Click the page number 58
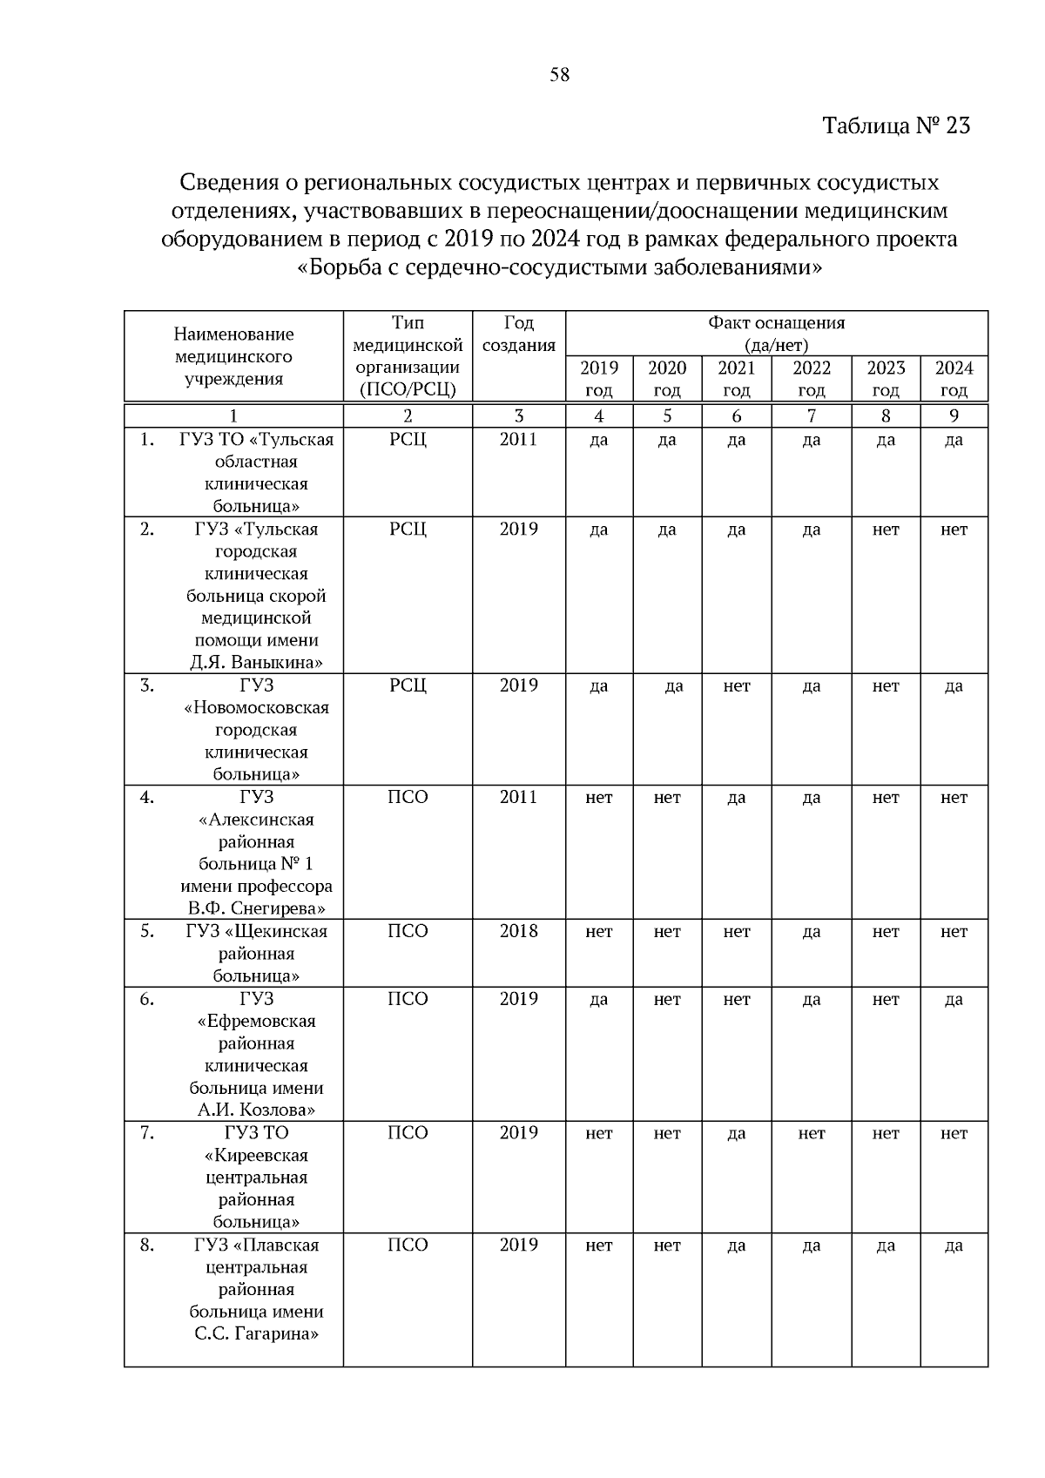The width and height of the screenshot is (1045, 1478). tap(559, 76)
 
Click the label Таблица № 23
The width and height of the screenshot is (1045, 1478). tap(896, 126)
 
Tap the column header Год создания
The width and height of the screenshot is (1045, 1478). tap(518, 334)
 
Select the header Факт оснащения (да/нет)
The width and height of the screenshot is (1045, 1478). tap(776, 334)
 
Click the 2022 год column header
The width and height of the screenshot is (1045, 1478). tap(811, 379)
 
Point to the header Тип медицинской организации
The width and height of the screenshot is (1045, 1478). tap(408, 356)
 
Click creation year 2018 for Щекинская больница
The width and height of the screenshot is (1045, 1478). tap(518, 932)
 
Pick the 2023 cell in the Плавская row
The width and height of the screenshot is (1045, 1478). tap(885, 1246)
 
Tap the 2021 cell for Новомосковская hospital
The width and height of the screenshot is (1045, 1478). tap(736, 686)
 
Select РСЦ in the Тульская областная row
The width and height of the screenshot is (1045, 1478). tap(408, 440)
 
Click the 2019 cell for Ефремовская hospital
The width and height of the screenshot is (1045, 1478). tap(598, 1000)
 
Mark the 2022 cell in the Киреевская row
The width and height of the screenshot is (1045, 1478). tap(811, 1134)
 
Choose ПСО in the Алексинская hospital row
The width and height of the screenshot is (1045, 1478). tap(408, 798)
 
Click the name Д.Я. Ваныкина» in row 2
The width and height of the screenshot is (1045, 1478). tap(256, 663)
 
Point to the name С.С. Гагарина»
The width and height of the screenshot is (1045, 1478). tap(256, 1334)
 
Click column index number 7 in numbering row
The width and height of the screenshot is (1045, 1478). tap(811, 416)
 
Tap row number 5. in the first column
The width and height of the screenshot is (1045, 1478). tap(147, 932)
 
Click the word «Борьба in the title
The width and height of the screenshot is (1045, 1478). tap(334, 267)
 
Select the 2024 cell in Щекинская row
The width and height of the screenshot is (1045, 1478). tap(954, 932)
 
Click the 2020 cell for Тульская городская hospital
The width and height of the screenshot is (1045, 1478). tap(666, 530)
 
